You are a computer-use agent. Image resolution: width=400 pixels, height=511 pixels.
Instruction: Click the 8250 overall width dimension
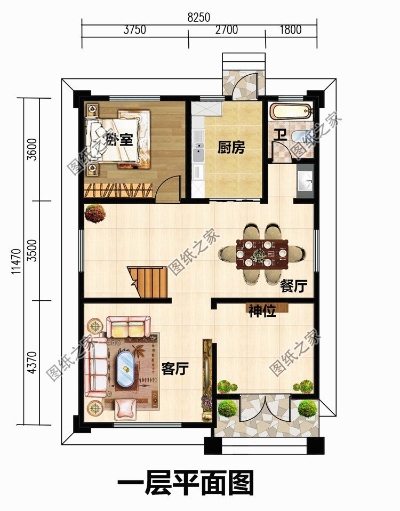point(199,17)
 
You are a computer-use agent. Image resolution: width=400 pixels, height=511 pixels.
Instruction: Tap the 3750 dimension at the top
point(134,30)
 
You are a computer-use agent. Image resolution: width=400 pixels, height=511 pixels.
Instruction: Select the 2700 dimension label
point(227,30)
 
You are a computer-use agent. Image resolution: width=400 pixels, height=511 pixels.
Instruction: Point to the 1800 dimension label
point(291,30)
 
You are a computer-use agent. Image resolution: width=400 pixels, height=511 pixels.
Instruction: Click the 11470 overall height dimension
point(16,261)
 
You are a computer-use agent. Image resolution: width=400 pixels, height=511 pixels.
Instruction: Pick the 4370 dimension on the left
point(32,362)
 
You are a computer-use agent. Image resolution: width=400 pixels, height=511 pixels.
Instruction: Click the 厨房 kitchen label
point(231,148)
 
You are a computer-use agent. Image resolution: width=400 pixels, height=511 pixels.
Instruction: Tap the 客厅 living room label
point(175,369)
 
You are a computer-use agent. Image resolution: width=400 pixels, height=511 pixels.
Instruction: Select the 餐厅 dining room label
point(294,286)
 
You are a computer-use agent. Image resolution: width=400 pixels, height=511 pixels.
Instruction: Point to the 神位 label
point(262,311)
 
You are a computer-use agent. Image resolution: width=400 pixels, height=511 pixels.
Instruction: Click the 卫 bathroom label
point(280,135)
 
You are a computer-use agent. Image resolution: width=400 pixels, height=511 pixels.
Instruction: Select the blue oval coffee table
point(125,369)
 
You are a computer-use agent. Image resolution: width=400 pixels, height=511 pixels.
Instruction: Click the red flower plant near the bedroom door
point(95,213)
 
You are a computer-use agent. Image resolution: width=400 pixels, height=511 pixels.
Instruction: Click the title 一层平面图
point(186,483)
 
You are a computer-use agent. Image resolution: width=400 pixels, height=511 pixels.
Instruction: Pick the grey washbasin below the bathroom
point(305,181)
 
